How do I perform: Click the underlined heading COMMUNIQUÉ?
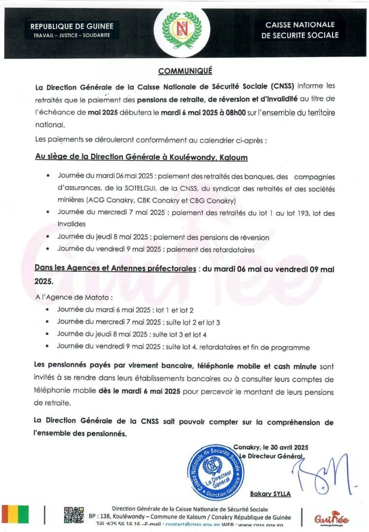[185, 71]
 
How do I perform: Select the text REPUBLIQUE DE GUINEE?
[72, 26]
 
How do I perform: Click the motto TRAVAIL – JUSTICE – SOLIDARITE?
[72, 35]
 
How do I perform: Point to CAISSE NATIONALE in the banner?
[300, 25]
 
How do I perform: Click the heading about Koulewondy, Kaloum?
[141, 158]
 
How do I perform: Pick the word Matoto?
[96, 298]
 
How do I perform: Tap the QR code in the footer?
[74, 515]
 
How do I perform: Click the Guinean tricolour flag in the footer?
[15, 514]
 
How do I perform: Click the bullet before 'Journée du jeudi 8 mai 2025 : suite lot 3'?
[47, 334]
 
